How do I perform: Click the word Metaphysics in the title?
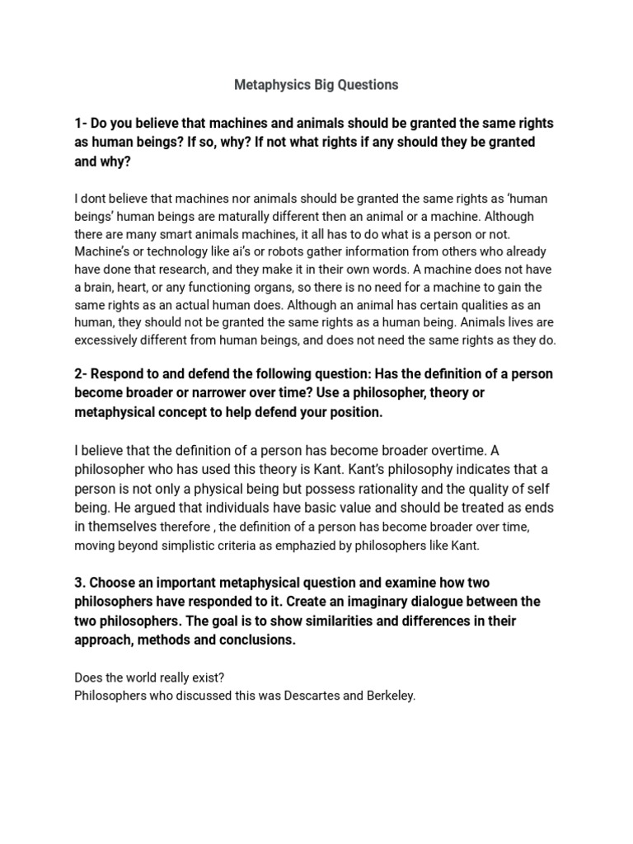click(270, 84)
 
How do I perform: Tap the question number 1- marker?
click(81, 123)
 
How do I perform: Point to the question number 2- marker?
click(81, 373)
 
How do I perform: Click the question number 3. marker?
click(80, 583)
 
